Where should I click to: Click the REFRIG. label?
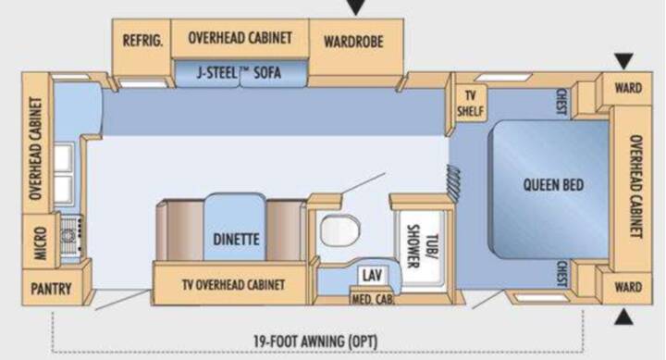coord(142,41)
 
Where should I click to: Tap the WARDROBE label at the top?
coord(353,42)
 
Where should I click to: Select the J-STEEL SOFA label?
coord(239,73)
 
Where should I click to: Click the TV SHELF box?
coord(470,104)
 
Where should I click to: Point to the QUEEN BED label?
coord(553,185)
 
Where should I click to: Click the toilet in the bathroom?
coord(339,230)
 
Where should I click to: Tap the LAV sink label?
coord(372,276)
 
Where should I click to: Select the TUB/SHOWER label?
coord(422,245)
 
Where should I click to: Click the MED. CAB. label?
coord(372,299)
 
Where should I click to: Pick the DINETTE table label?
coord(236,240)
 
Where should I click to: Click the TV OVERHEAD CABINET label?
coord(234,284)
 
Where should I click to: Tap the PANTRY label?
coord(51,289)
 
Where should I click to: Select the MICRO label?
coord(40,242)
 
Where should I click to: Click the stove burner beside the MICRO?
coord(69,237)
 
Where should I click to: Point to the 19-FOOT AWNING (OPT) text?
coord(315,341)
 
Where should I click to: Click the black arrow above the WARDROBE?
coord(356,6)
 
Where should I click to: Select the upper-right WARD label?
coord(628,88)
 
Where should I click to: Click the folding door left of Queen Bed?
coord(453,182)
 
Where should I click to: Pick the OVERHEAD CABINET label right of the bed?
coord(635,186)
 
